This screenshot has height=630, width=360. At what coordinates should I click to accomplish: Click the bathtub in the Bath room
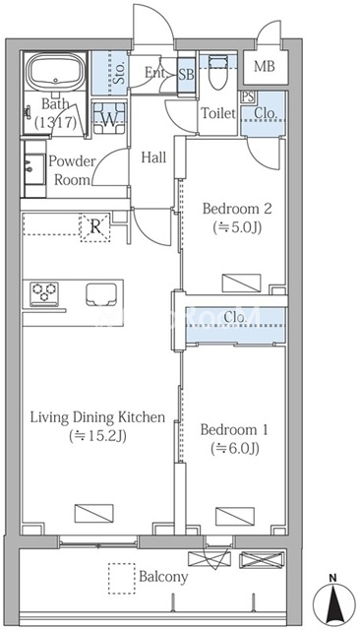(x=55, y=72)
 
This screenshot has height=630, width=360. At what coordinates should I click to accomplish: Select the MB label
(x=265, y=66)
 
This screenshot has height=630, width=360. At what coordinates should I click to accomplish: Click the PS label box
(x=247, y=96)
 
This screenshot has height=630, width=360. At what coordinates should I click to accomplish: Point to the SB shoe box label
(x=186, y=75)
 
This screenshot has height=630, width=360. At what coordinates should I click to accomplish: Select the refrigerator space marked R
(x=95, y=227)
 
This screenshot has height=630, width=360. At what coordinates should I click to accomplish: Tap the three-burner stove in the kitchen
(x=44, y=292)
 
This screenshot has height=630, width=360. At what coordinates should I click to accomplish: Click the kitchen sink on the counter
(x=101, y=294)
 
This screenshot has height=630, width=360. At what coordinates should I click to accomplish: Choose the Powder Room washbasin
(x=34, y=169)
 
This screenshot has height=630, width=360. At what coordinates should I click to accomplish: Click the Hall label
(x=153, y=157)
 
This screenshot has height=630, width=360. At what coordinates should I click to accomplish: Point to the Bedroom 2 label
(x=237, y=209)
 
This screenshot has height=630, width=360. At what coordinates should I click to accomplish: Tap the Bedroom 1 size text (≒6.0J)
(x=235, y=448)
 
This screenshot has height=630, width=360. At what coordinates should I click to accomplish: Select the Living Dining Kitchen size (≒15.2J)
(x=98, y=435)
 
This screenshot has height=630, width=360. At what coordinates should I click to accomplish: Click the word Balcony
(x=163, y=577)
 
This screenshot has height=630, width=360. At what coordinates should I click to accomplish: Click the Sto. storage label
(x=120, y=74)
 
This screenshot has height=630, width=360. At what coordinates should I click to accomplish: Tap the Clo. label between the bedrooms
(x=235, y=317)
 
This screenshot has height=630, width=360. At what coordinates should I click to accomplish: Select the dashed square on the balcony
(x=122, y=578)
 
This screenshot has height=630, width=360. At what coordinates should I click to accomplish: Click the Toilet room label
(x=218, y=113)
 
